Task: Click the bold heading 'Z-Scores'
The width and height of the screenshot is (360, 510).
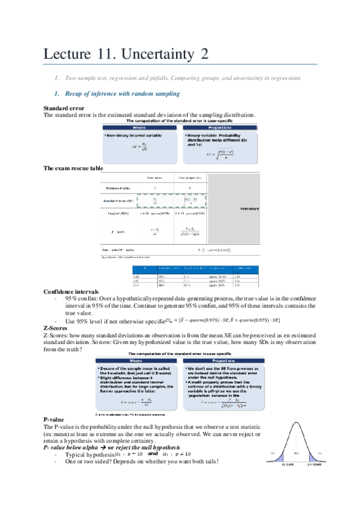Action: tap(56, 328)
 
